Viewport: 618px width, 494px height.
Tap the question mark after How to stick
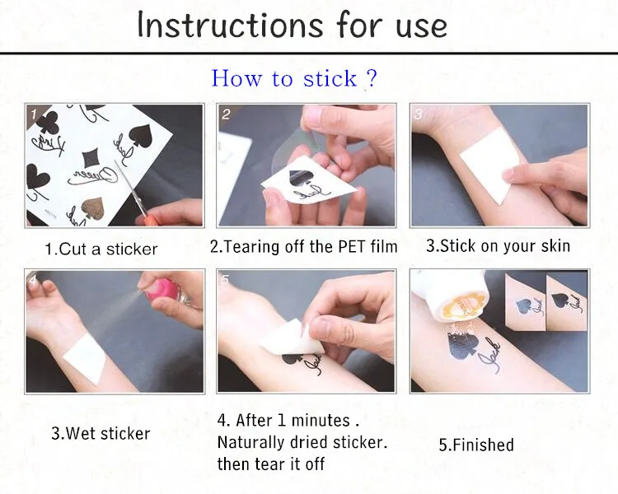372,78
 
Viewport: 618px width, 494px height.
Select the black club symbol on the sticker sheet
48,122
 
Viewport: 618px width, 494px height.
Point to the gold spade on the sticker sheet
93,209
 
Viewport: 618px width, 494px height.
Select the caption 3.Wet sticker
101,433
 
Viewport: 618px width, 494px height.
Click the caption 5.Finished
476,445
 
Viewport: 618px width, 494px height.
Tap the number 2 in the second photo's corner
226,114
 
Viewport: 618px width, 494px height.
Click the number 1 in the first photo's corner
34,114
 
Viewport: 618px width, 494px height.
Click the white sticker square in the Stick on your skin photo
489,165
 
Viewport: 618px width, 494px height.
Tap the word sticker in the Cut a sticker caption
132,249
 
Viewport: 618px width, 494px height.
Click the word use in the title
421,27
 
